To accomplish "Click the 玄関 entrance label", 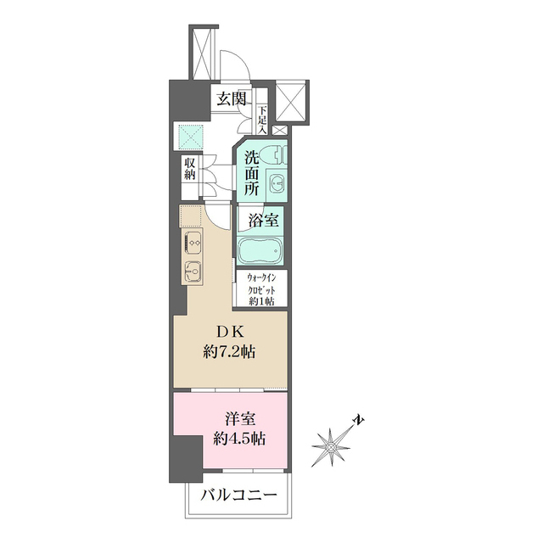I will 231,98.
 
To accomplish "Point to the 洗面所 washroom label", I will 252,173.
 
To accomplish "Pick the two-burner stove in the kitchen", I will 192,242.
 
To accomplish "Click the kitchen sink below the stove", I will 192,272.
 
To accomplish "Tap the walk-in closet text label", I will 266,288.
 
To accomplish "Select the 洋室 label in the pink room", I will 241,419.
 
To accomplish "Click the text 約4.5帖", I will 240,439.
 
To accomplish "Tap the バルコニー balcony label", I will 238,495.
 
